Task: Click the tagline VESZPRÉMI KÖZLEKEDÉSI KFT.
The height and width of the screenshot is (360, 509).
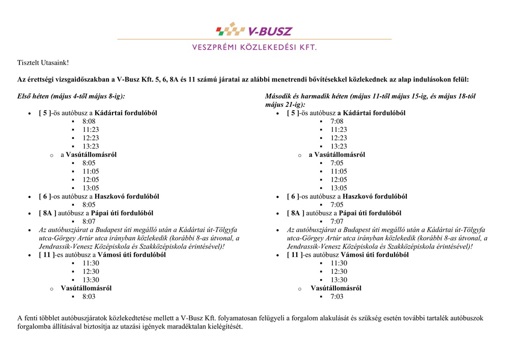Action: (254, 47)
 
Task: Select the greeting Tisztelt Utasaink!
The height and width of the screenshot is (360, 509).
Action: (43, 63)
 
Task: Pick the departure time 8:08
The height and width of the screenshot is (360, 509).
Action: (89, 121)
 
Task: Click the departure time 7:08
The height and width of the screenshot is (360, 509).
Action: (337, 121)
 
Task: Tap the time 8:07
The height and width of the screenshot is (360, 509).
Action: (89, 221)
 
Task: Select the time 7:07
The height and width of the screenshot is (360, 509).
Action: (337, 221)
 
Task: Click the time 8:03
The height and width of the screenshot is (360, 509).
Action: (89, 296)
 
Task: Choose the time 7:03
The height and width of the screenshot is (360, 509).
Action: (337, 296)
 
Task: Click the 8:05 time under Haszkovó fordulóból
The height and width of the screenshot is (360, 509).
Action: (89, 205)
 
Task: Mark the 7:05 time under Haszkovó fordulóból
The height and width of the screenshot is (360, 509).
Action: (337, 205)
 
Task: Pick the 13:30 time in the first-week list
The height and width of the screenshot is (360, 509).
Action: (91, 280)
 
